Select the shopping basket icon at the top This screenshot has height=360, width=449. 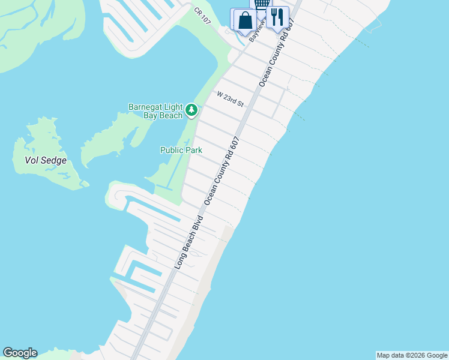coord(262,4)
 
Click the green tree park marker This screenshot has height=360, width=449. coord(191,110)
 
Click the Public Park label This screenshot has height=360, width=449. coord(181,150)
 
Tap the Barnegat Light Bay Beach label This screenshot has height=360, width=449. coord(155,112)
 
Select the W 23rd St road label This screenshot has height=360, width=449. coord(231,100)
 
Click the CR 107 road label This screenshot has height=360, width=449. coord(203,16)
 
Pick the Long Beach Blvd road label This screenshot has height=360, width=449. coord(189,241)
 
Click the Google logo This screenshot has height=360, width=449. coord(20,353)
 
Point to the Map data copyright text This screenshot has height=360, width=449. coord(412,355)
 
